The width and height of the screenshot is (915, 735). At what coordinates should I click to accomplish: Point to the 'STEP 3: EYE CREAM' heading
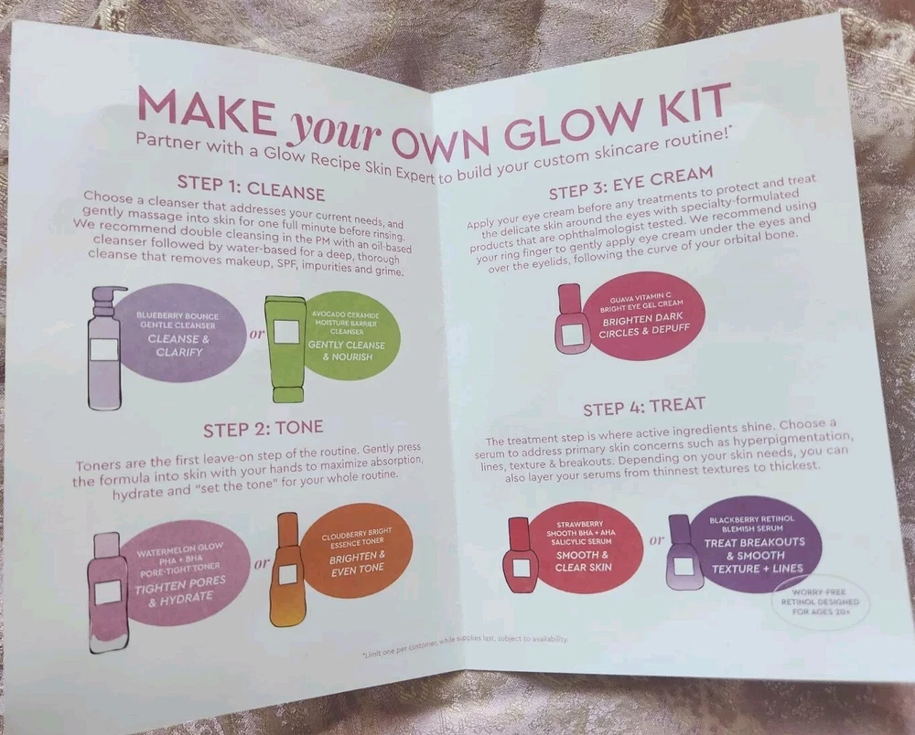pos(630,183)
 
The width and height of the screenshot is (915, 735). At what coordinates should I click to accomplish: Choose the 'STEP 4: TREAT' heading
pos(644,406)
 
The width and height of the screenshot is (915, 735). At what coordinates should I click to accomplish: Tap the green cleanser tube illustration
pos(285,348)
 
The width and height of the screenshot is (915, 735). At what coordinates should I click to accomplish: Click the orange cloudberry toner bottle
pos(286,570)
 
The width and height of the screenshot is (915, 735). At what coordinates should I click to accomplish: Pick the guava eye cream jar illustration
pos(570,318)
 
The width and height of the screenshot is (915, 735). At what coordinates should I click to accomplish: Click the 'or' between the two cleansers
pos(257,335)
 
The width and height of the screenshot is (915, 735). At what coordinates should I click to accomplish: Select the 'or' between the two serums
pos(656,540)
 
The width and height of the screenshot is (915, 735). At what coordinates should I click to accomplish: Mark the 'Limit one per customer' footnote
pos(465,645)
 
